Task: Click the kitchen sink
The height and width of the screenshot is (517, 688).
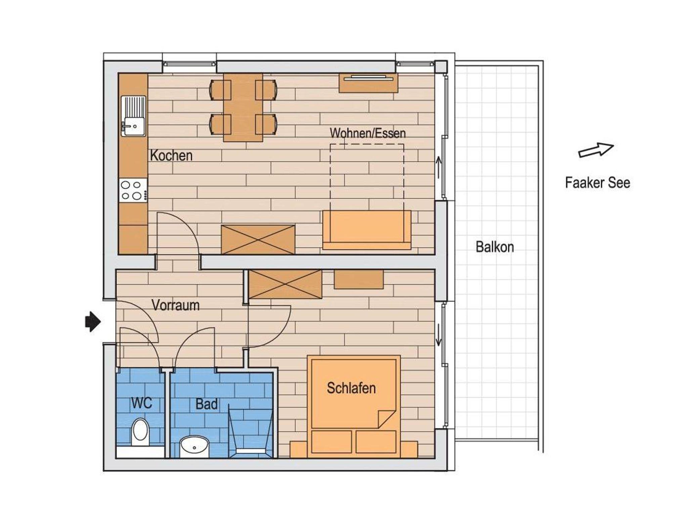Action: tap(133, 116)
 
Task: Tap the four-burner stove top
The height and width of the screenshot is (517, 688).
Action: tap(133, 190)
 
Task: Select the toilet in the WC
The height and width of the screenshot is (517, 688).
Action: tap(140, 432)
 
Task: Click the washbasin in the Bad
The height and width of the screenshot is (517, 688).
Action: tap(195, 446)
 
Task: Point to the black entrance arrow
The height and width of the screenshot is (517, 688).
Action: tap(93, 322)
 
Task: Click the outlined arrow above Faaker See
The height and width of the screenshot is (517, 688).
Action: tap(596, 150)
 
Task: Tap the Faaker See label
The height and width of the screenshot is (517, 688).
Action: tap(597, 183)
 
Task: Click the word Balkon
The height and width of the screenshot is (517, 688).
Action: tap(495, 247)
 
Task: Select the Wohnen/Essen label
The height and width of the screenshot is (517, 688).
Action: tap(368, 133)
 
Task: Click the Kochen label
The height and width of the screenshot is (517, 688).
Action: tap(171, 156)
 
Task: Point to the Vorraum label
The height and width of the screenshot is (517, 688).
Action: tap(175, 305)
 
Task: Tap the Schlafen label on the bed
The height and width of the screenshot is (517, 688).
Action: tap(351, 388)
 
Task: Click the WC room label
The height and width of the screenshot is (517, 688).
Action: tap(141, 403)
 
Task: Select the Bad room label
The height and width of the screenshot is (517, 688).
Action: tap(207, 404)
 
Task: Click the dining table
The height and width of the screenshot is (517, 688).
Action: tap(243, 107)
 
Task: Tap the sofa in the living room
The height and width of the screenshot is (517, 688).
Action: tap(367, 230)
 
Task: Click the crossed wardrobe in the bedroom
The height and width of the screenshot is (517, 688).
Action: tap(285, 284)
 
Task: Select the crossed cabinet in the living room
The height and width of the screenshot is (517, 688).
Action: tap(258, 240)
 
